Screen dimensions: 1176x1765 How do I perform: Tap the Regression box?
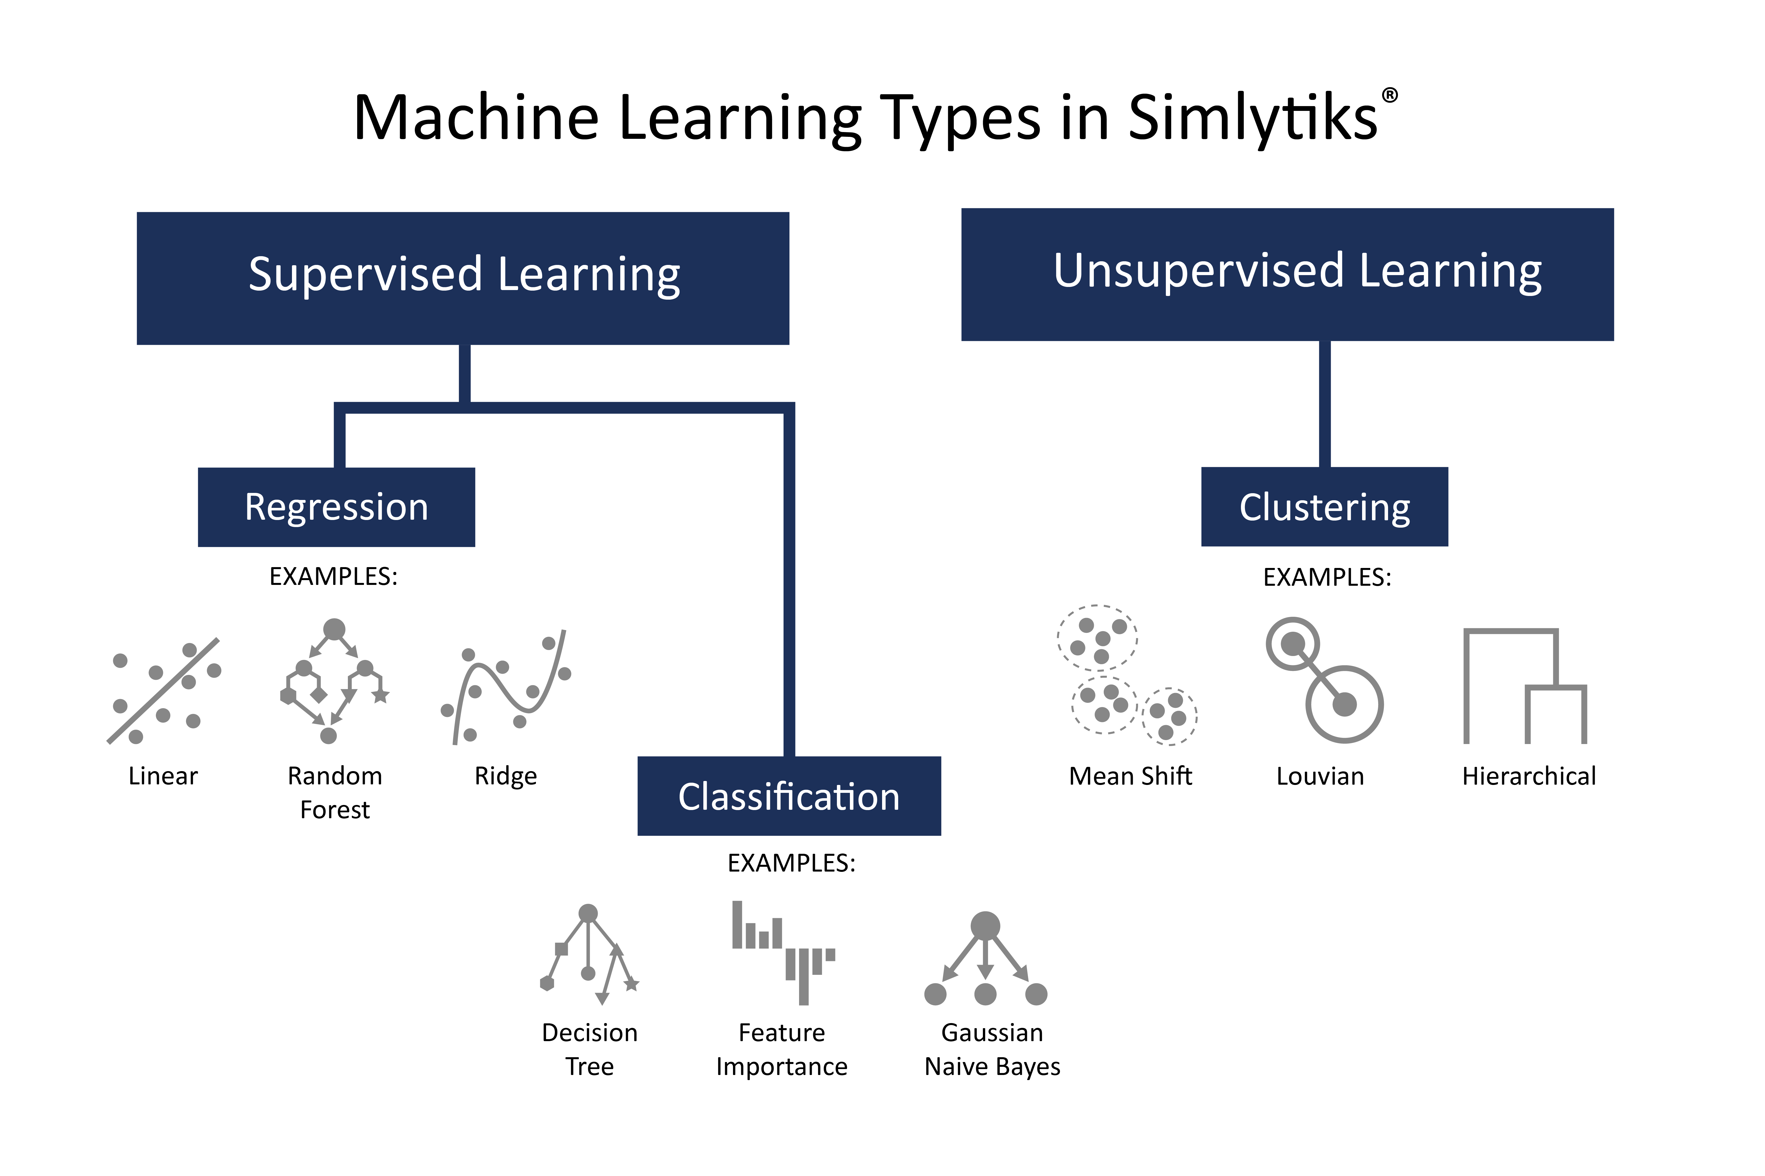pos(336,507)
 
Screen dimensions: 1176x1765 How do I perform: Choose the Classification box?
pos(789,796)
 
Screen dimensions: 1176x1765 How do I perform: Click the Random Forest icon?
pos(334,681)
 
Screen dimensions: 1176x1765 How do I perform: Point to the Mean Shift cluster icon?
pos(1126,675)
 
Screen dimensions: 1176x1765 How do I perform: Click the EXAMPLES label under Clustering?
pos(1327,578)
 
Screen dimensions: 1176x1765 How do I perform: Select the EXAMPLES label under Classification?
pos(791,863)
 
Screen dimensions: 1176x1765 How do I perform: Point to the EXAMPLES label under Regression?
pos(333,577)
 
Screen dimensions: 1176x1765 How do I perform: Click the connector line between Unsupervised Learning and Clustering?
pos(1325,403)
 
